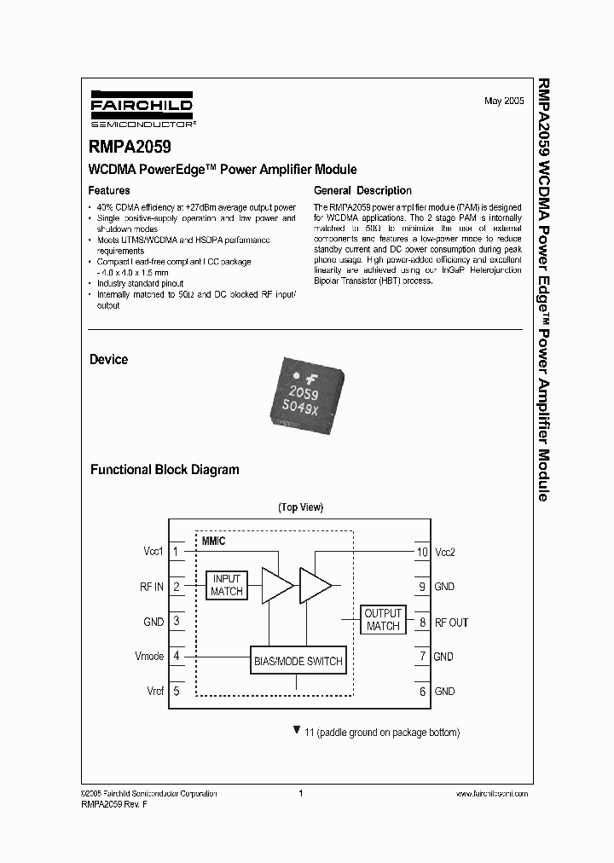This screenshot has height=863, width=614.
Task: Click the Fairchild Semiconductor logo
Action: [x=142, y=108]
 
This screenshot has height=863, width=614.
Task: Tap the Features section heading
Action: [x=110, y=191]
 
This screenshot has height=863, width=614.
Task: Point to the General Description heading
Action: [x=362, y=191]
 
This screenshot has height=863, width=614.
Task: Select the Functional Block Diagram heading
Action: [x=165, y=470]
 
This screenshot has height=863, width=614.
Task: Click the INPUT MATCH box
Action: [x=227, y=585]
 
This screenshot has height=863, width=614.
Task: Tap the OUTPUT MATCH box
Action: [x=383, y=620]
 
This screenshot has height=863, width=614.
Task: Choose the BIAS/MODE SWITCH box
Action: [x=298, y=661]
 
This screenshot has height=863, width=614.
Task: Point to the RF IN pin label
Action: [x=151, y=587]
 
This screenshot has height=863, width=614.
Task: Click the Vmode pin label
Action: [x=149, y=657]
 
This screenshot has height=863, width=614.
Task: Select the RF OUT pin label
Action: [x=451, y=623]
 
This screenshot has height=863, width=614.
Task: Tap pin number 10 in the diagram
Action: [x=421, y=552]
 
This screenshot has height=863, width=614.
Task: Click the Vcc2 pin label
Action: [x=445, y=552]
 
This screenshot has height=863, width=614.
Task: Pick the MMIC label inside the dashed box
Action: [x=213, y=542]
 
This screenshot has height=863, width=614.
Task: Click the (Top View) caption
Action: [x=300, y=507]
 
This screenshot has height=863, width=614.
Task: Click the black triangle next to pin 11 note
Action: [x=296, y=731]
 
